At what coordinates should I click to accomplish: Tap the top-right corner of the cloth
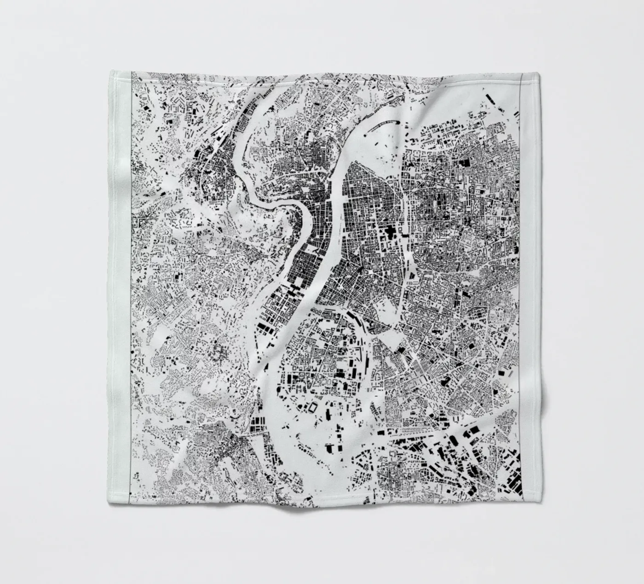tap(540, 72)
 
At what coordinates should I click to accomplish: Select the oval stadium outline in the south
tap(313, 408)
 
